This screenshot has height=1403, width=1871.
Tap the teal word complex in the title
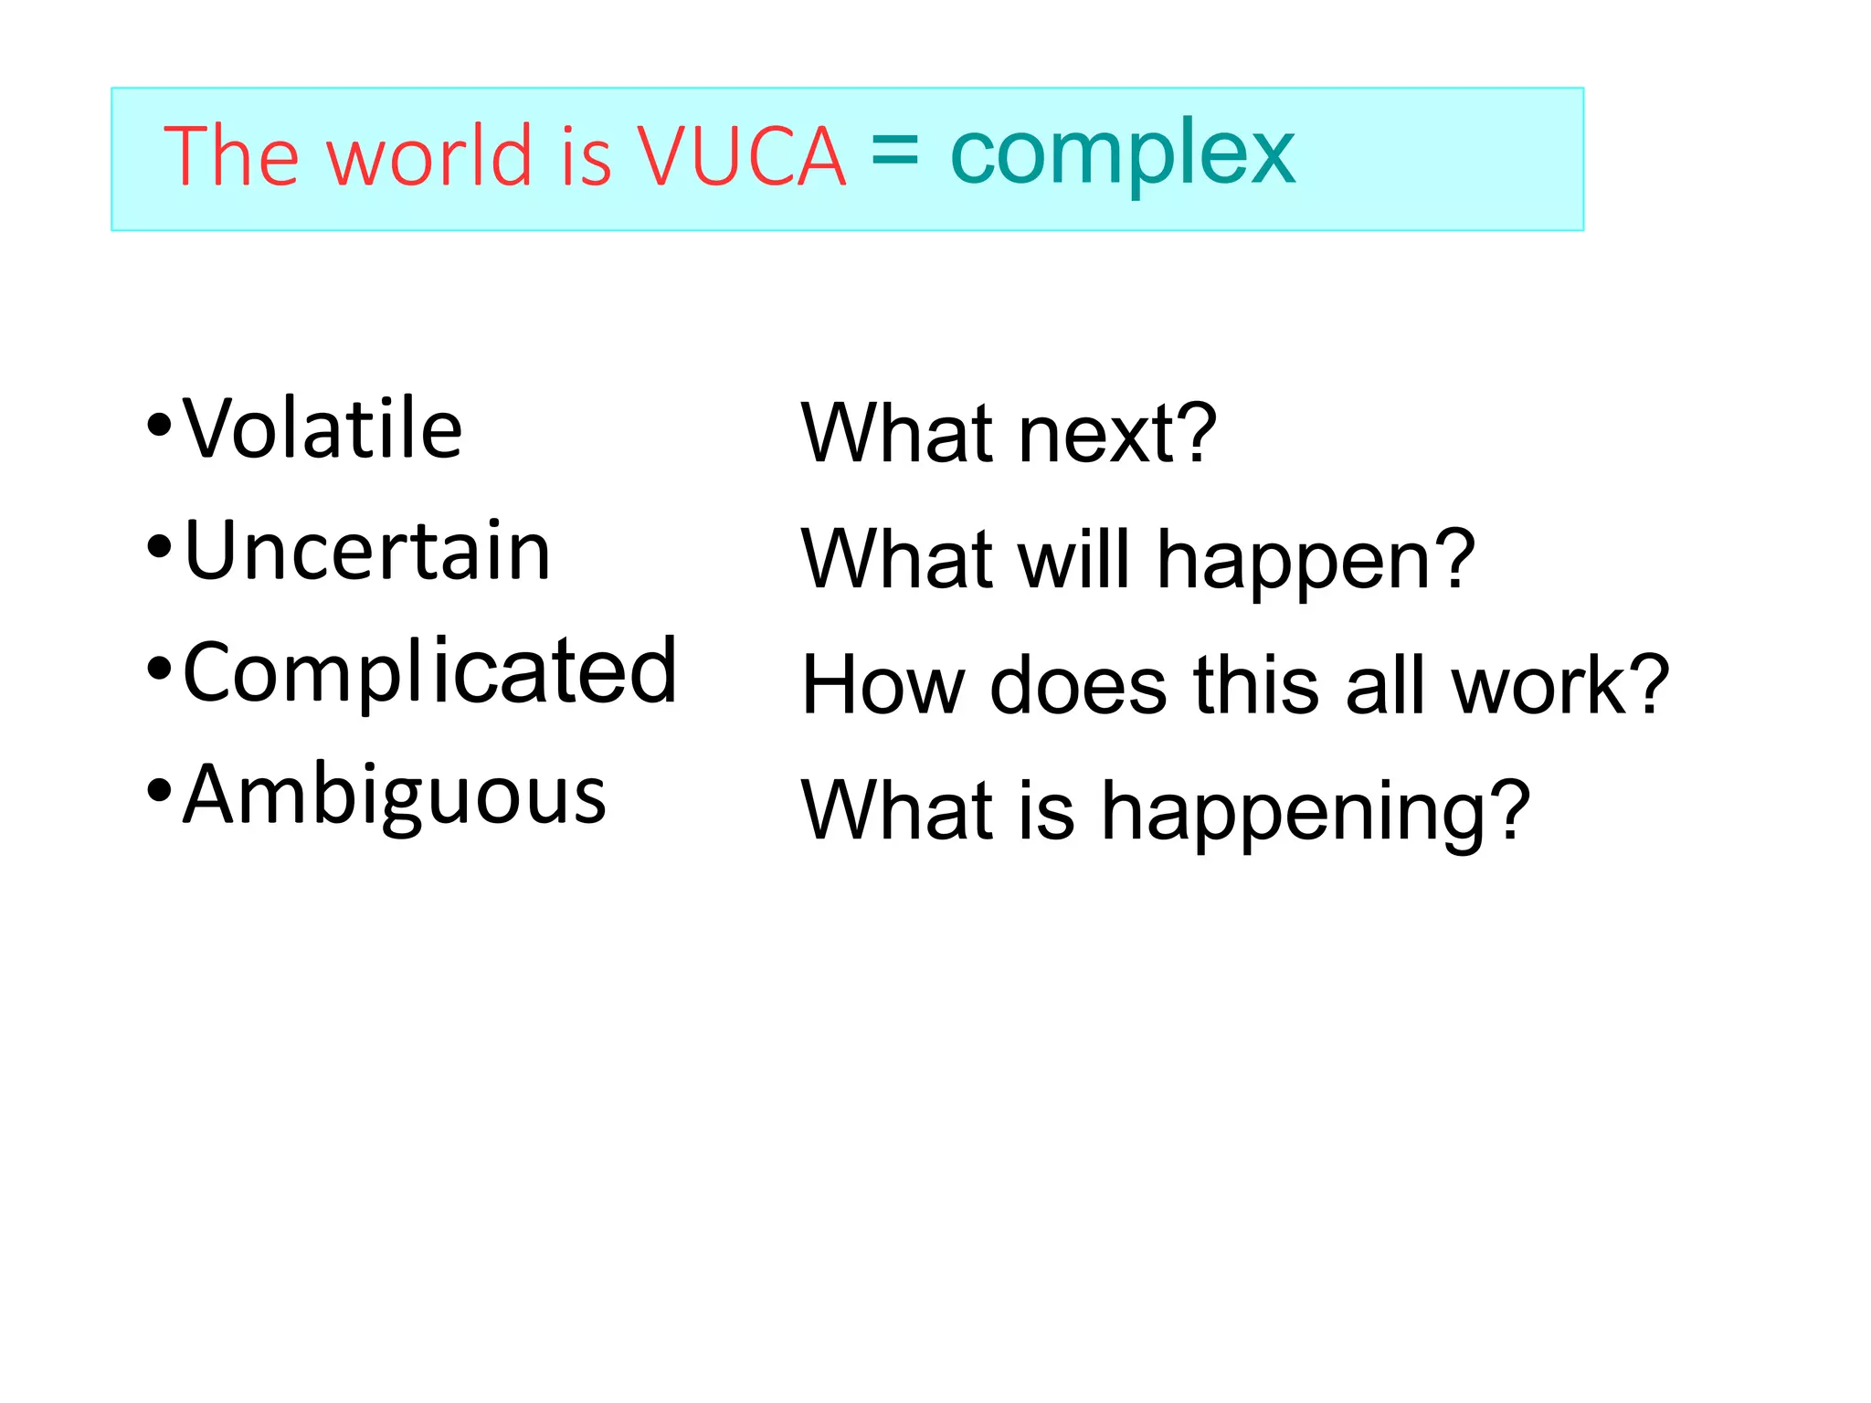coord(1122,155)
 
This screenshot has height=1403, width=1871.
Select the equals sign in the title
coord(894,151)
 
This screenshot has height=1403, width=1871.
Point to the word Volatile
coord(322,428)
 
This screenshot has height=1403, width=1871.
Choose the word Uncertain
coord(367,551)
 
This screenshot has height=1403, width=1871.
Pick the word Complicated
coord(429,673)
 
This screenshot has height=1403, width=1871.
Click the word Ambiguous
coord(394,796)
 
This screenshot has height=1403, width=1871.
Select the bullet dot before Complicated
coord(159,670)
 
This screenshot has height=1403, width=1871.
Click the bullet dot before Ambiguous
coord(159,790)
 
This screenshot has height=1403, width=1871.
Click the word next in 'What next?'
coord(1097,435)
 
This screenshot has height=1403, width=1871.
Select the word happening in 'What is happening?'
coord(1297,813)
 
